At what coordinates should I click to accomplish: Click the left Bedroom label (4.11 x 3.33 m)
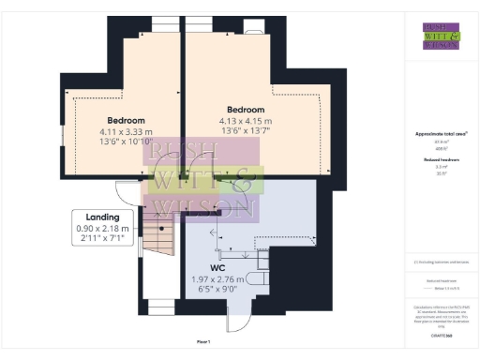[125, 121]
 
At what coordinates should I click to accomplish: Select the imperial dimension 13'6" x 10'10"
[125, 143]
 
